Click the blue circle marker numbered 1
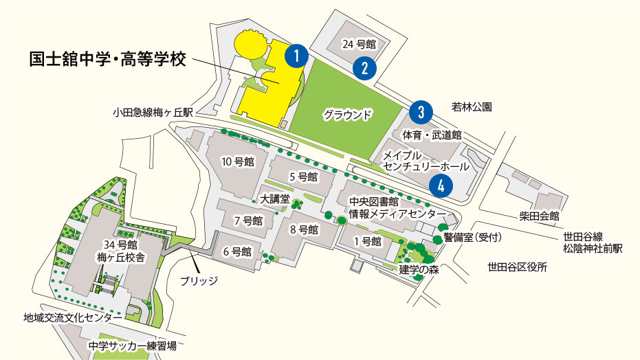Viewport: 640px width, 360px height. click(x=296, y=56)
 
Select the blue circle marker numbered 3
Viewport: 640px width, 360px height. click(x=421, y=111)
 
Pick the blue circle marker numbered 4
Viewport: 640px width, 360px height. click(x=440, y=184)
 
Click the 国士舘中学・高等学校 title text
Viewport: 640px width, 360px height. click(x=108, y=59)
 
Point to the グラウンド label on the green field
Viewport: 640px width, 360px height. click(x=348, y=114)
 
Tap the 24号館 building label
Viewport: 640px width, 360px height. click(x=360, y=45)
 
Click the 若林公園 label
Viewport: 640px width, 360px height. click(x=472, y=107)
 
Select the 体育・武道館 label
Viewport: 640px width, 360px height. click(x=432, y=135)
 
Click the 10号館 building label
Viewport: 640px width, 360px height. click(x=238, y=162)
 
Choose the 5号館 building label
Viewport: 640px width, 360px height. click(x=303, y=177)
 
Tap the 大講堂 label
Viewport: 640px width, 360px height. click(x=275, y=199)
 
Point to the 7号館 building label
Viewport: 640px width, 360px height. click(x=249, y=221)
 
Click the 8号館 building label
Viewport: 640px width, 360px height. click(x=304, y=229)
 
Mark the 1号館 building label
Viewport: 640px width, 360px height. click(x=367, y=241)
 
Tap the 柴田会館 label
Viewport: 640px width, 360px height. click(x=540, y=216)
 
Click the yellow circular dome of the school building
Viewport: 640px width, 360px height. click(x=250, y=46)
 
